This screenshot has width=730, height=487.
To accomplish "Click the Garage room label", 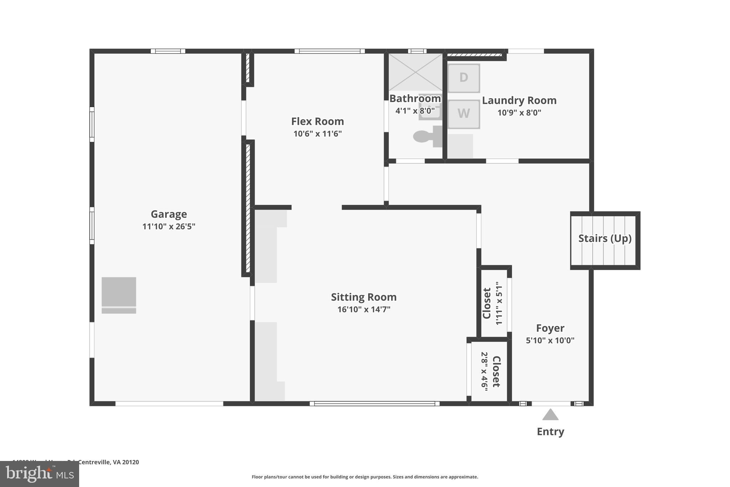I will pos(169,214).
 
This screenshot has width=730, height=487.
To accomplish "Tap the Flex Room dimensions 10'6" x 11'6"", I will pos(317,134).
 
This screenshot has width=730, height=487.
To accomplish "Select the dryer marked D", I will pos(463,78).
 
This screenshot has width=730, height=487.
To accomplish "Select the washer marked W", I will pos(463,114).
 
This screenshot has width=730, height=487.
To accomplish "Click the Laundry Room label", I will pos(519,101).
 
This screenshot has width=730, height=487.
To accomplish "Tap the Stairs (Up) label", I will pos(605,238).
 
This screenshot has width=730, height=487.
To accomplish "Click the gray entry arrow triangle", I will pos(550,415).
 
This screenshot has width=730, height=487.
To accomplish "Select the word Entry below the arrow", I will pos(550,432).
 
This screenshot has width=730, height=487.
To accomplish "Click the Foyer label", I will pos(550,328).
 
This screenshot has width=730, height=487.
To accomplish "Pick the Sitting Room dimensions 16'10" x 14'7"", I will pos(364,309).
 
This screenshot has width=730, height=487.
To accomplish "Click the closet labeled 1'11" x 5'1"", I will pos(493,303).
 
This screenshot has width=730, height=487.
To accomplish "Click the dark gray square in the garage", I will pos(119,291).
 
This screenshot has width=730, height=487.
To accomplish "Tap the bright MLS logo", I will pos(40,474).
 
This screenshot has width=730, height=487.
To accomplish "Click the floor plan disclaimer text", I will pos(365,477).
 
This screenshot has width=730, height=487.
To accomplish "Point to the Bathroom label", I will pos(415,98).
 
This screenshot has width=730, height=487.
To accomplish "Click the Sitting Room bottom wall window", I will pos(374,404).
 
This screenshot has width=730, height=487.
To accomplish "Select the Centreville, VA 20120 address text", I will pos(108,462).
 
